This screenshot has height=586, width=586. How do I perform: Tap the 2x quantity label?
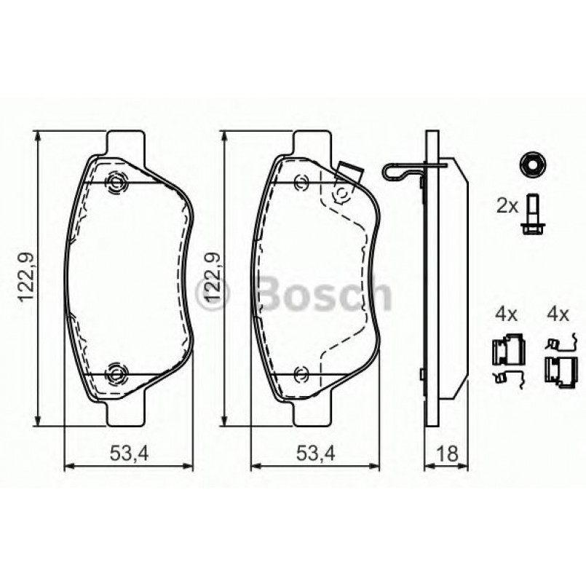tap(507, 206)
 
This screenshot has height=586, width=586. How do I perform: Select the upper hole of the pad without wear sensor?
tap(116, 182)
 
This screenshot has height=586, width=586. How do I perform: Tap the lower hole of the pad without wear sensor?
tap(116, 374)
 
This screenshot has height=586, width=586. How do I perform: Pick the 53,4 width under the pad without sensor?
tap(130, 454)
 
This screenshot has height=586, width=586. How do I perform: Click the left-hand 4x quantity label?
tap(506, 314)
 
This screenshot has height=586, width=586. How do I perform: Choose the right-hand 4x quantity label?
tap(557, 314)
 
